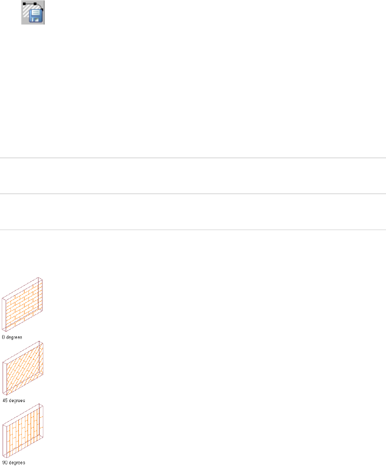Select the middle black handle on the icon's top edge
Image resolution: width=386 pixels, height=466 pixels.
point(35,4)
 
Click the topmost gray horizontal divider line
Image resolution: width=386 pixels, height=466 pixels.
point(193,158)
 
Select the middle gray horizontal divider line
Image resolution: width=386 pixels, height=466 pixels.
point(193,194)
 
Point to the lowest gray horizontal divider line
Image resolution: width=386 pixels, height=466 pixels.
point(193,229)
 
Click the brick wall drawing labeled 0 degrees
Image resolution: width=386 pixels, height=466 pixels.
point(24,305)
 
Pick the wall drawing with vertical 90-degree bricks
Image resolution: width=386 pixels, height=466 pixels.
point(25,431)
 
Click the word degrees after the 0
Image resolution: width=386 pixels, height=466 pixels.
point(14,338)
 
